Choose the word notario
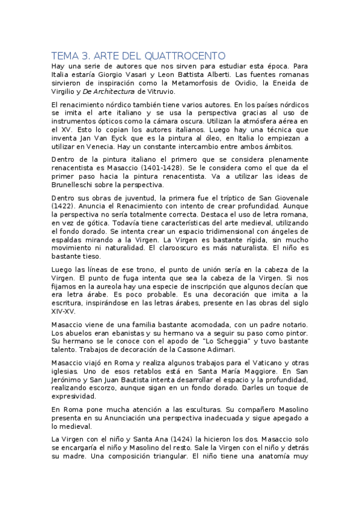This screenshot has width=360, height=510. tap(293, 325)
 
